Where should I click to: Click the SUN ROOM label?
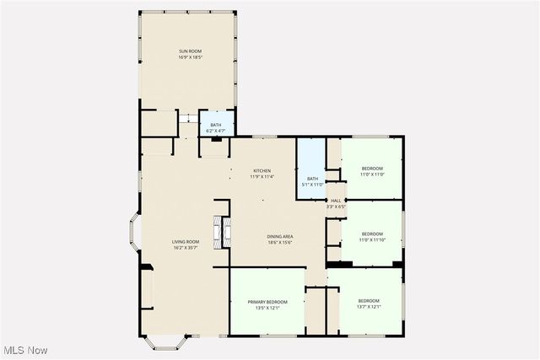(x=190, y=51)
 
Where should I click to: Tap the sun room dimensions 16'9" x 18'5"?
(x=190, y=57)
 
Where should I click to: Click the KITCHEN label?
(x=262, y=171)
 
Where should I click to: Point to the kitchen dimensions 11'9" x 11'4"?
(x=262, y=177)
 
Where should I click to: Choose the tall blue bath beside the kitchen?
(x=311, y=168)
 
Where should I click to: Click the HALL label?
(x=336, y=201)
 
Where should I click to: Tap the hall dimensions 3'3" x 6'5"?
(x=336, y=207)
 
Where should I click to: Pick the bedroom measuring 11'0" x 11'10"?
(x=372, y=237)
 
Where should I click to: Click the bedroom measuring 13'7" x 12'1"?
(x=369, y=304)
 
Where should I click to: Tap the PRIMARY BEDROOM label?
(x=267, y=302)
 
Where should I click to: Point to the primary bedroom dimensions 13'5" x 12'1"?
(x=267, y=308)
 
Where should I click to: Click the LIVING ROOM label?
(x=186, y=242)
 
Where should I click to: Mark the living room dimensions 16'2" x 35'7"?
(x=186, y=248)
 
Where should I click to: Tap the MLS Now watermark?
(x=24, y=350)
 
